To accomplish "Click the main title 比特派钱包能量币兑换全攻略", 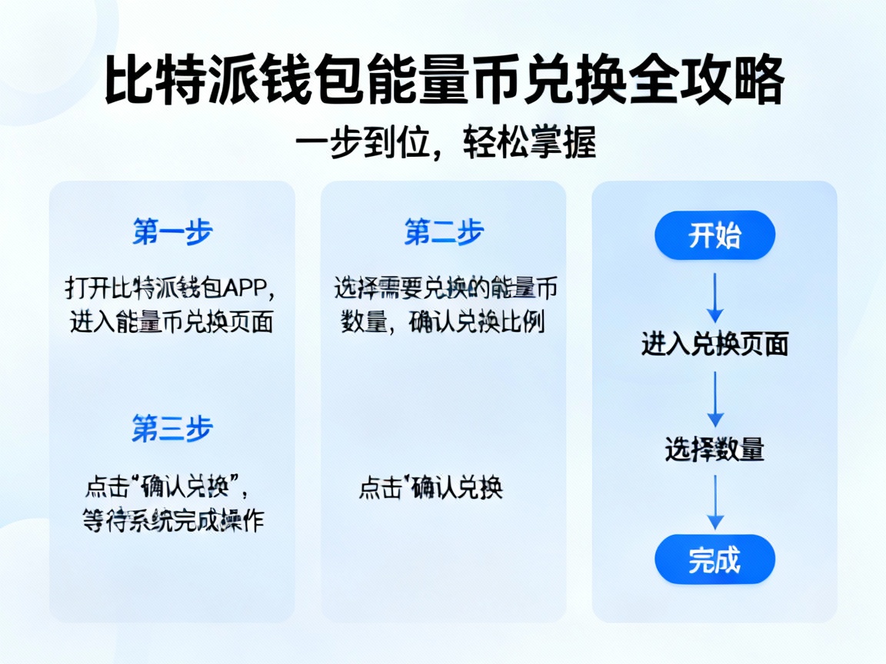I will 444,81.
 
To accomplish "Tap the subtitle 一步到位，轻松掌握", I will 445,143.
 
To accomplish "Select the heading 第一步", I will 172,231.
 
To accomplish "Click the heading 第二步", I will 444,231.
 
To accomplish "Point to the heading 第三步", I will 172,429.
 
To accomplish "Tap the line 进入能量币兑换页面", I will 172,322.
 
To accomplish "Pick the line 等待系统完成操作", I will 173,521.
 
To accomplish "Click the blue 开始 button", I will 714,235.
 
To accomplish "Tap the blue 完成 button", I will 714,559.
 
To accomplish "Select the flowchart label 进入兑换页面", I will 714,344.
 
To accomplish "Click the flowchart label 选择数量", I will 714,450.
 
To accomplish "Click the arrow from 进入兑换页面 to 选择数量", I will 715,400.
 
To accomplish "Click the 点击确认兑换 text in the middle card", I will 431,489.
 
